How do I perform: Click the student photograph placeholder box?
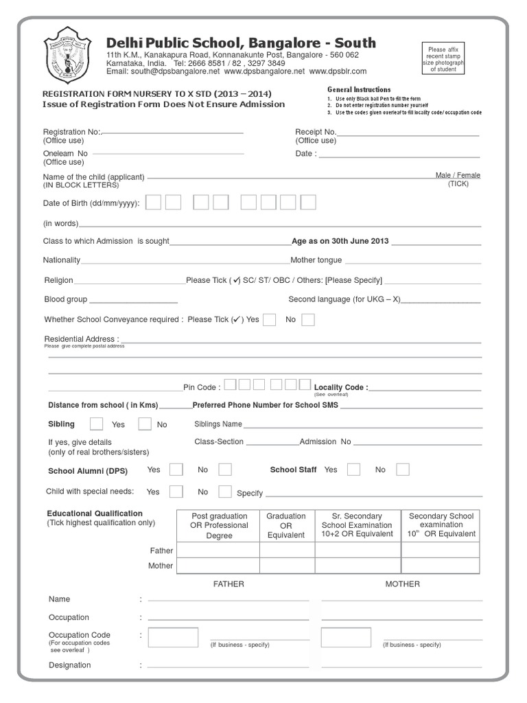(447, 60)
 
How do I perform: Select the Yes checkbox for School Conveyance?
(270, 319)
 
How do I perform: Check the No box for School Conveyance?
(308, 319)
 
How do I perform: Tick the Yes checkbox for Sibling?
(97, 424)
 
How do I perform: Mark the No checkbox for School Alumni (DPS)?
(225, 470)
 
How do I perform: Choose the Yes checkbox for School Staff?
(353, 470)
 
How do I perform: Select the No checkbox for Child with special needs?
(225, 492)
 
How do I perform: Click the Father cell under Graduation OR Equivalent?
(286, 550)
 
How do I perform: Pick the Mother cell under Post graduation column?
(218, 566)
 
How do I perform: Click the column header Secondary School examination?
(441, 525)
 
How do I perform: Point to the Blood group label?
(66, 299)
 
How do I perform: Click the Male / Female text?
(458, 176)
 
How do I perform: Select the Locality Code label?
(340, 388)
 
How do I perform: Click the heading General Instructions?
(359, 90)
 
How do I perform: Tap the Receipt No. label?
(316, 132)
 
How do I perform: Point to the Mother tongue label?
(316, 260)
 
